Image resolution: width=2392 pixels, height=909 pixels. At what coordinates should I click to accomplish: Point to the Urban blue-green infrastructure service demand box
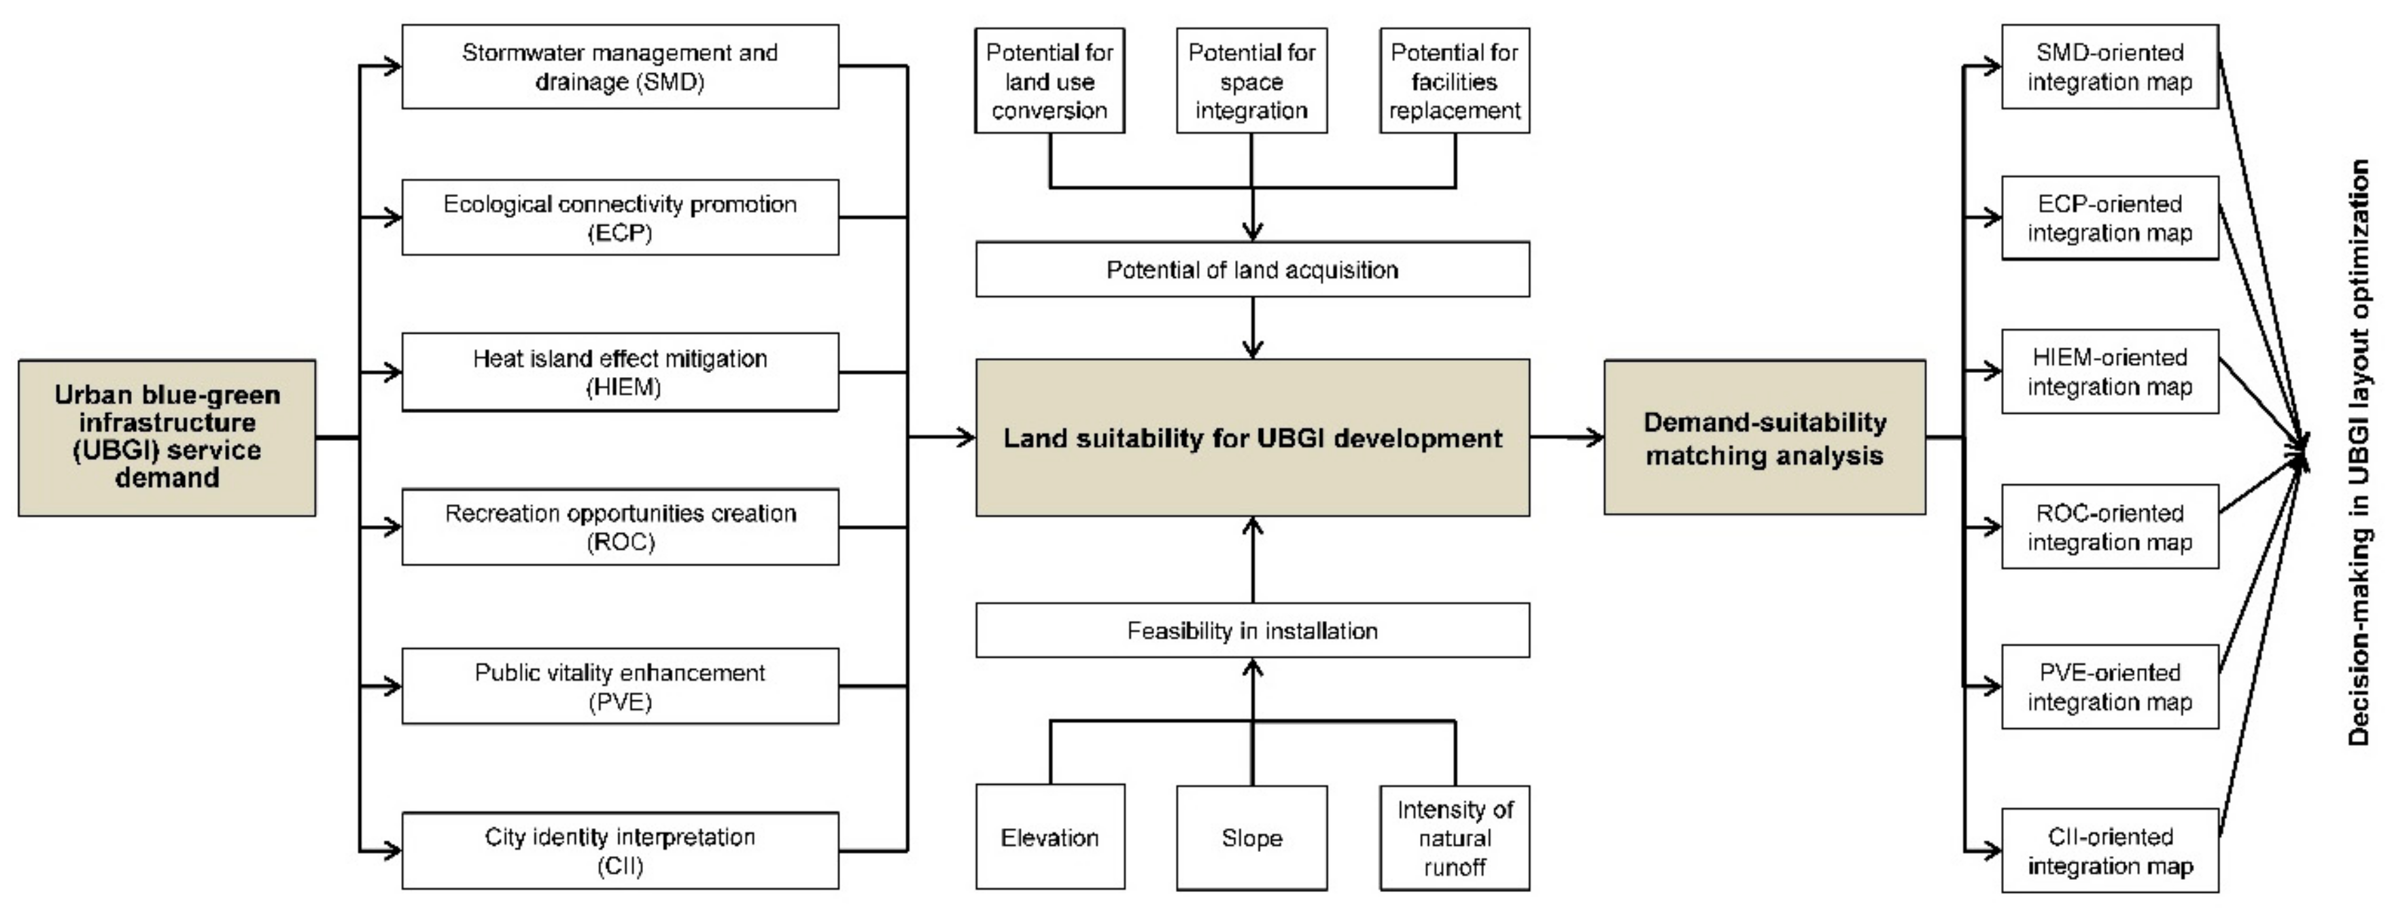(167, 438)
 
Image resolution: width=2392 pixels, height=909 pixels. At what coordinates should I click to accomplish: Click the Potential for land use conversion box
(1050, 81)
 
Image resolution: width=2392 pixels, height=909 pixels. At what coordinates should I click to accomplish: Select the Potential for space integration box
(1251, 81)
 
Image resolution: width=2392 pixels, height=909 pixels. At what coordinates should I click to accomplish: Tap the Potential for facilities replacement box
(1454, 81)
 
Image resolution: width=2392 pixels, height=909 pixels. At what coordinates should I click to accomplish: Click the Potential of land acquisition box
(1251, 269)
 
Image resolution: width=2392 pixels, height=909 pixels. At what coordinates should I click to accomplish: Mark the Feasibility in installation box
(1251, 630)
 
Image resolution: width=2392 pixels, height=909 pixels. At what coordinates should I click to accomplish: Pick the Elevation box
(1050, 838)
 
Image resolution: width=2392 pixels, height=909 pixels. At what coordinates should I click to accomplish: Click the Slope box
(1251, 838)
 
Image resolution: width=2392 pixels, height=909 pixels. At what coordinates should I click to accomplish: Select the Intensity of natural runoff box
(1454, 838)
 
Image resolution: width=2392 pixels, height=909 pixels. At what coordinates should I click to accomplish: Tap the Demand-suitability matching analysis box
(1765, 438)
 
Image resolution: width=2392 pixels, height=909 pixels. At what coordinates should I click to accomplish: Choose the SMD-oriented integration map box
(2110, 67)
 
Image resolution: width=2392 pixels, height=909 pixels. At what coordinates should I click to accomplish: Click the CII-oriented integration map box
(2110, 851)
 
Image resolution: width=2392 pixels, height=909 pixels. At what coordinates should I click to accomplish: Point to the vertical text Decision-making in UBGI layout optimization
(2359, 452)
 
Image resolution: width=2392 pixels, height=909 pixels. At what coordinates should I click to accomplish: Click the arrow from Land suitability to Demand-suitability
(1567, 438)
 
